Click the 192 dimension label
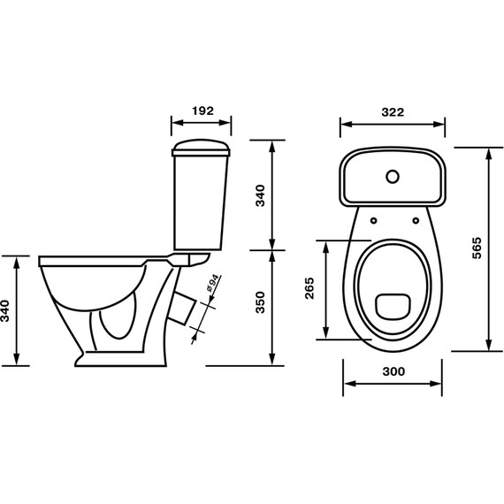pos(202,111)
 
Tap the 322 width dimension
pos(393,112)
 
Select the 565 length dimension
pos(477,248)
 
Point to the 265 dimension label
pos(309,288)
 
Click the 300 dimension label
pos(393,371)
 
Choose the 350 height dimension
pos(260,302)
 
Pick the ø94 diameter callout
pos(213,284)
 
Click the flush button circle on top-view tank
pos(393,177)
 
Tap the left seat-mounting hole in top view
pos(373,220)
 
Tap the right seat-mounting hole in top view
pos(416,220)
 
